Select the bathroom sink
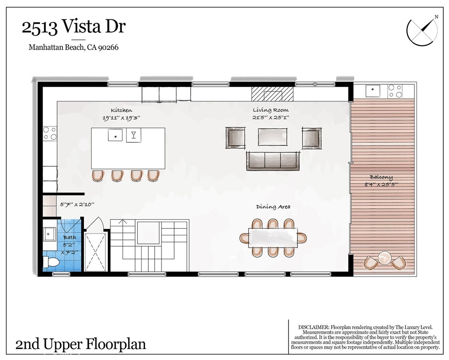pyautogui.click(x=49, y=234)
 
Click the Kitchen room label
pyautogui.click(x=122, y=110)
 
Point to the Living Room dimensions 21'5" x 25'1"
pyautogui.click(x=271, y=117)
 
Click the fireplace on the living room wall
pyautogui.click(x=273, y=94)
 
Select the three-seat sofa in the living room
pyautogui.click(x=272, y=161)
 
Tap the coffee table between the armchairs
pyautogui.click(x=272, y=137)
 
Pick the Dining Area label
pyautogui.click(x=273, y=207)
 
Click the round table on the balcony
pyautogui.click(x=385, y=258)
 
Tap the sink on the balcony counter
pyautogui.click(x=372, y=90)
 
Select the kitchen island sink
pyautogui.click(x=116, y=135)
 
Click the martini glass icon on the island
pyautogui.click(x=134, y=135)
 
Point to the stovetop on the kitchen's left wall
pyautogui.click(x=49, y=133)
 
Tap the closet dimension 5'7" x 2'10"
pyautogui.click(x=77, y=204)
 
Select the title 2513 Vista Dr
pyautogui.click(x=73, y=27)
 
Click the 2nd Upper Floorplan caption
pyautogui.click(x=81, y=345)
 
